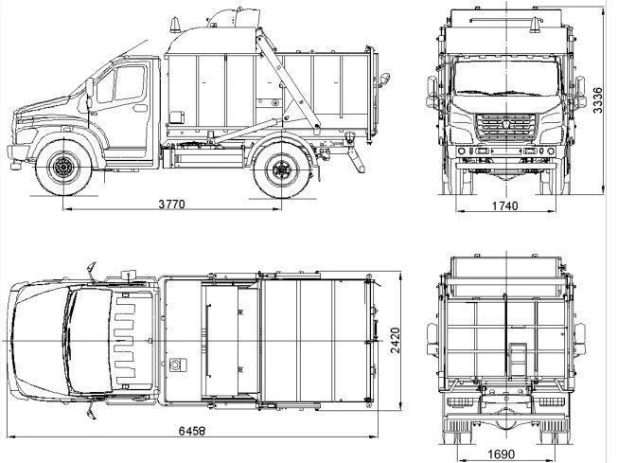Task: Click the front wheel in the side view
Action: (64, 169)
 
